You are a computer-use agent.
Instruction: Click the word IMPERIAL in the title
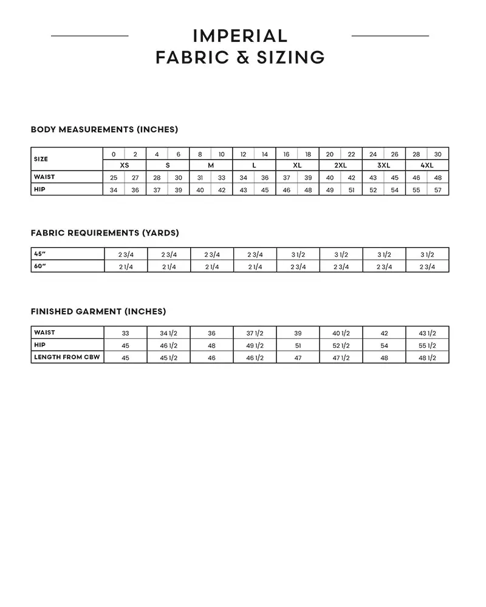tap(240, 36)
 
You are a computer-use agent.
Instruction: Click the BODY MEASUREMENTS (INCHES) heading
tap(104, 129)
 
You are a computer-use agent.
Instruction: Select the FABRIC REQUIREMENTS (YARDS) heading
tap(104, 233)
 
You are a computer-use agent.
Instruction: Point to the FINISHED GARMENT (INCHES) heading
tap(98, 311)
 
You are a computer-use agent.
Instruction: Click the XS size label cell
tap(125, 165)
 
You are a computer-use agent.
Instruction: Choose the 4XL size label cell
tap(427, 165)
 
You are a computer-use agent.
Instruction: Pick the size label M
tap(211, 165)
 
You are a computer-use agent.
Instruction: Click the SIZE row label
tap(41, 159)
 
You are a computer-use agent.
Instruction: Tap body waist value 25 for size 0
tap(114, 177)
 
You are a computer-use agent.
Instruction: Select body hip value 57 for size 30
tap(437, 189)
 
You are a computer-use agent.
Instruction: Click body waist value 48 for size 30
tap(437, 177)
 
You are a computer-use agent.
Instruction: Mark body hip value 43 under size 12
tap(244, 189)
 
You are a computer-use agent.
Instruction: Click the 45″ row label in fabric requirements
tap(40, 254)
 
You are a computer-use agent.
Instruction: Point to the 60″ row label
tap(40, 266)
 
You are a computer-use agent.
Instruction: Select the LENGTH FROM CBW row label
tap(67, 357)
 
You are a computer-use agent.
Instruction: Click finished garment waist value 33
tap(125, 333)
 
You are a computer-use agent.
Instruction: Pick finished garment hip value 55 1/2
tap(427, 345)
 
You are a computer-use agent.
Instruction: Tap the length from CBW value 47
tap(298, 358)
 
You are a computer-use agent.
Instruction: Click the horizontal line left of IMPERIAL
tap(90, 36)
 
